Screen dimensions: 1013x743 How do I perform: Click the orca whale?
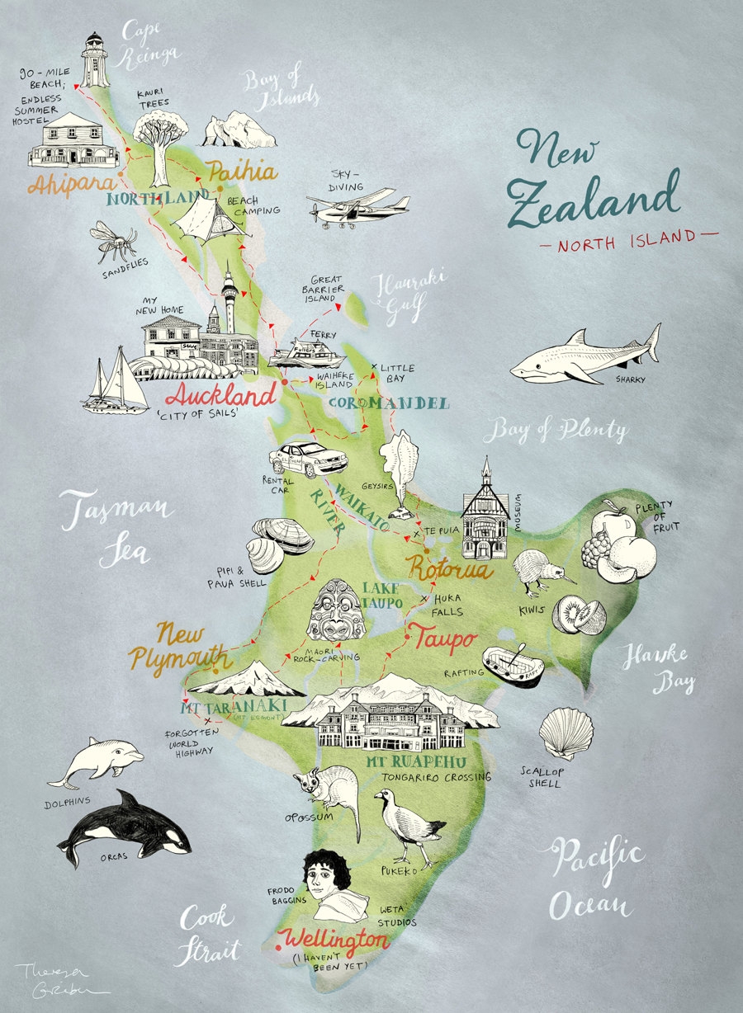(124, 829)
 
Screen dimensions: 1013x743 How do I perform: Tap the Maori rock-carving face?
(335, 610)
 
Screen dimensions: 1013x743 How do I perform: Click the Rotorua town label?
(449, 570)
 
